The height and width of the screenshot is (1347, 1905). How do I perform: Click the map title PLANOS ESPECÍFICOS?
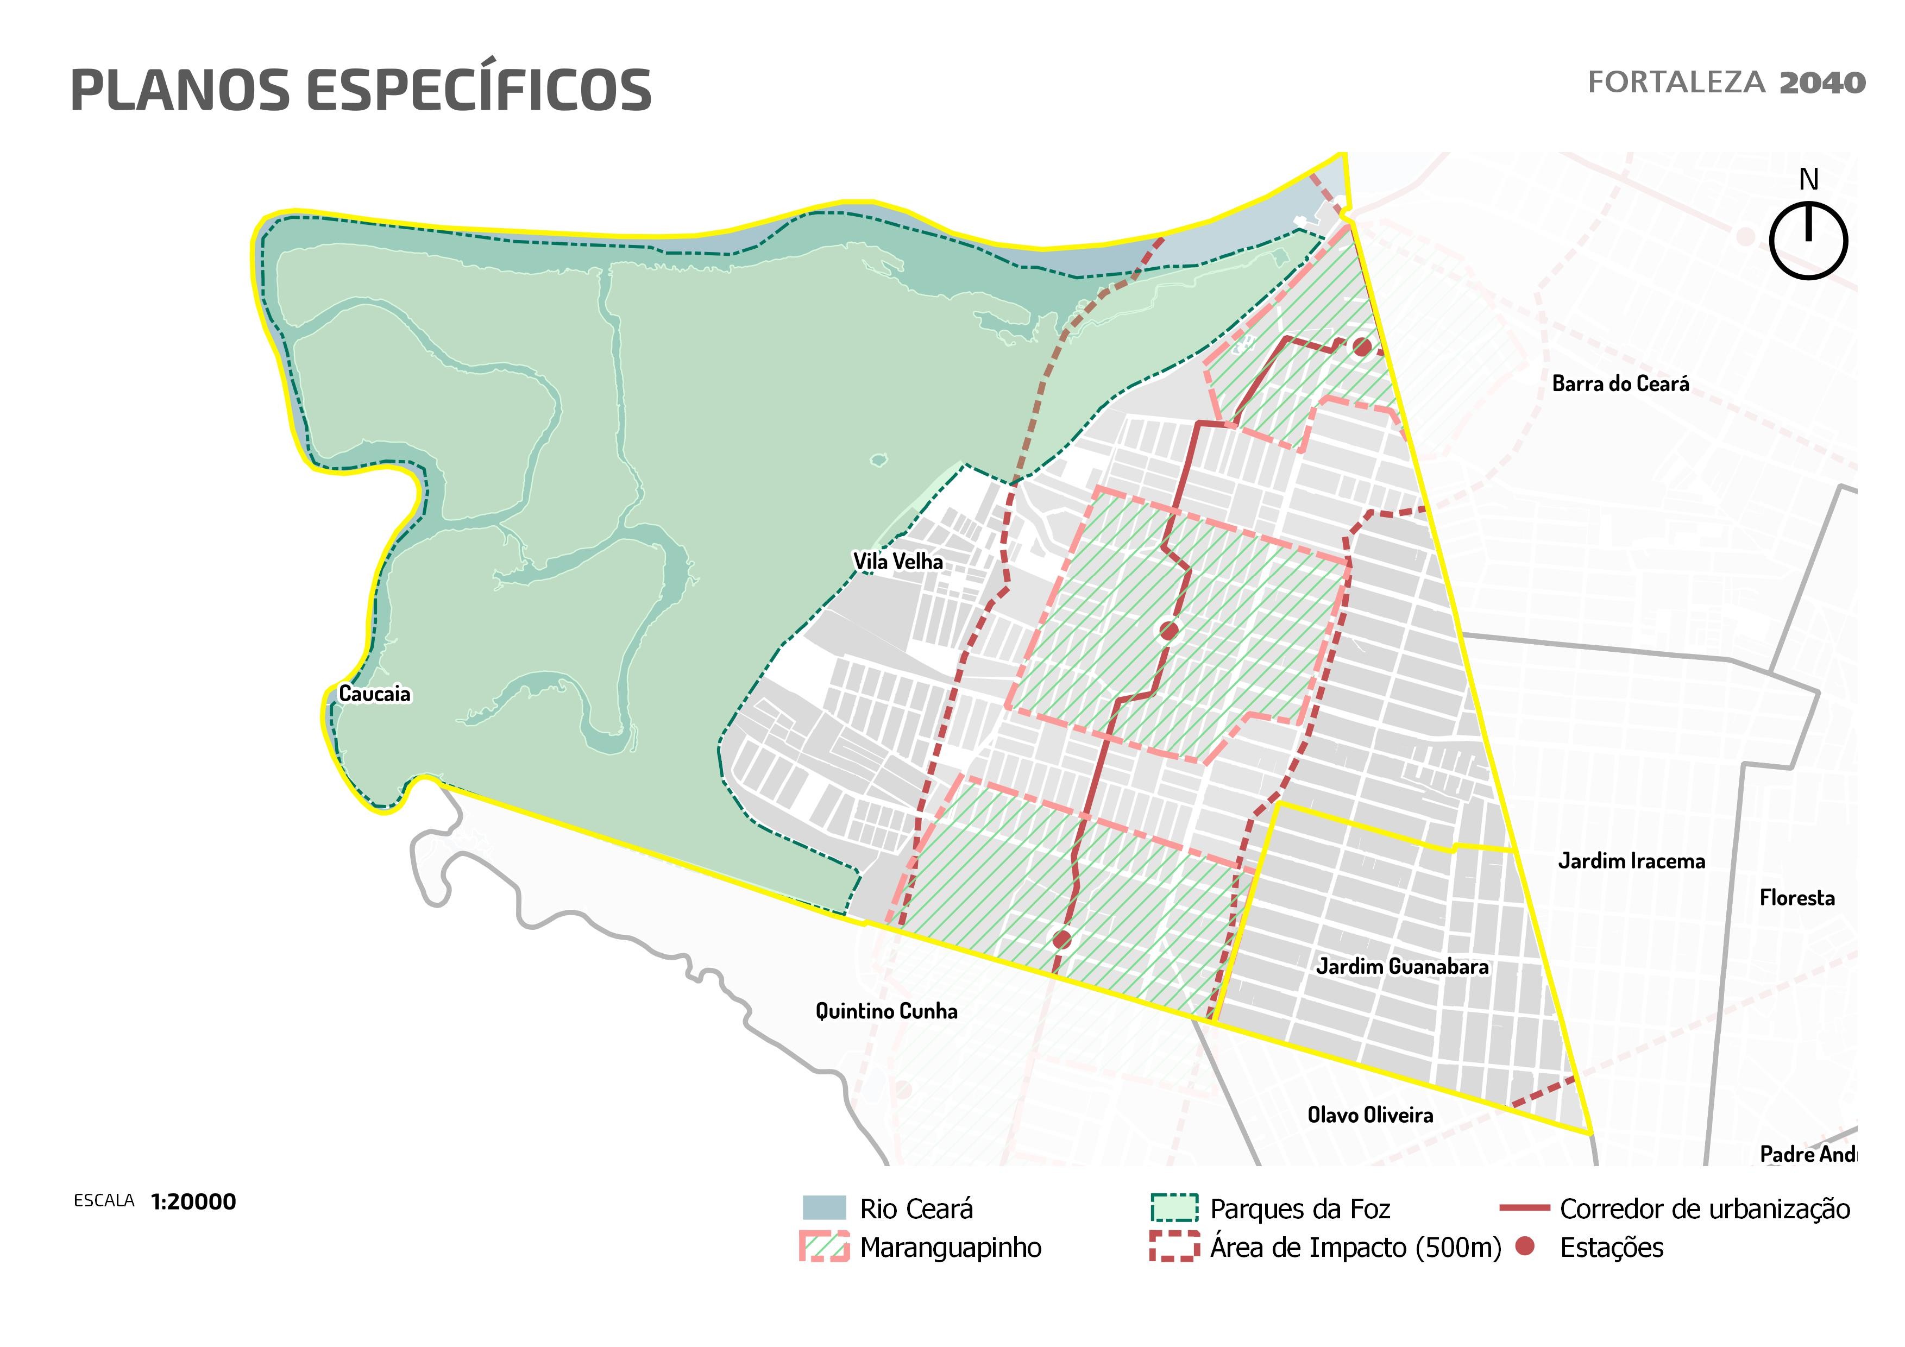[361, 90]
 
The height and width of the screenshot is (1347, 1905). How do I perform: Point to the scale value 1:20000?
[193, 1202]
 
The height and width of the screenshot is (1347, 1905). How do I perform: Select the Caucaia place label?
[374, 694]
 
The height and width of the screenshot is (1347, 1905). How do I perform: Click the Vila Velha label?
[898, 562]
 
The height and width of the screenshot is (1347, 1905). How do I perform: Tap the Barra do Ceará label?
[1620, 384]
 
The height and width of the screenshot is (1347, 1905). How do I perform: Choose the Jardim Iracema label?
[1631, 861]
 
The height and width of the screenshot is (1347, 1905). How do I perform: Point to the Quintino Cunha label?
[886, 1011]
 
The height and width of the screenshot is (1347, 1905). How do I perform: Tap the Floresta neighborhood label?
[1797, 897]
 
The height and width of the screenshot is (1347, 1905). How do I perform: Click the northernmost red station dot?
[1362, 347]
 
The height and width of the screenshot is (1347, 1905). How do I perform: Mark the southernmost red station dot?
[1062, 940]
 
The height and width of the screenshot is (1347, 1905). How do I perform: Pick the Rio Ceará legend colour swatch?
[824, 1207]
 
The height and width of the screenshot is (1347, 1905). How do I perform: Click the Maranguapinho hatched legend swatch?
[824, 1247]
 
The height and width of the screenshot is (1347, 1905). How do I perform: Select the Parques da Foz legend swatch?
[1174, 1207]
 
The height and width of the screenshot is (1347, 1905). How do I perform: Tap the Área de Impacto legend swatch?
[1174, 1247]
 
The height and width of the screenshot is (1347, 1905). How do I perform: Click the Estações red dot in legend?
[1524, 1246]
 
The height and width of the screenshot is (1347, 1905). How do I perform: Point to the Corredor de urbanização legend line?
[1524, 1208]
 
